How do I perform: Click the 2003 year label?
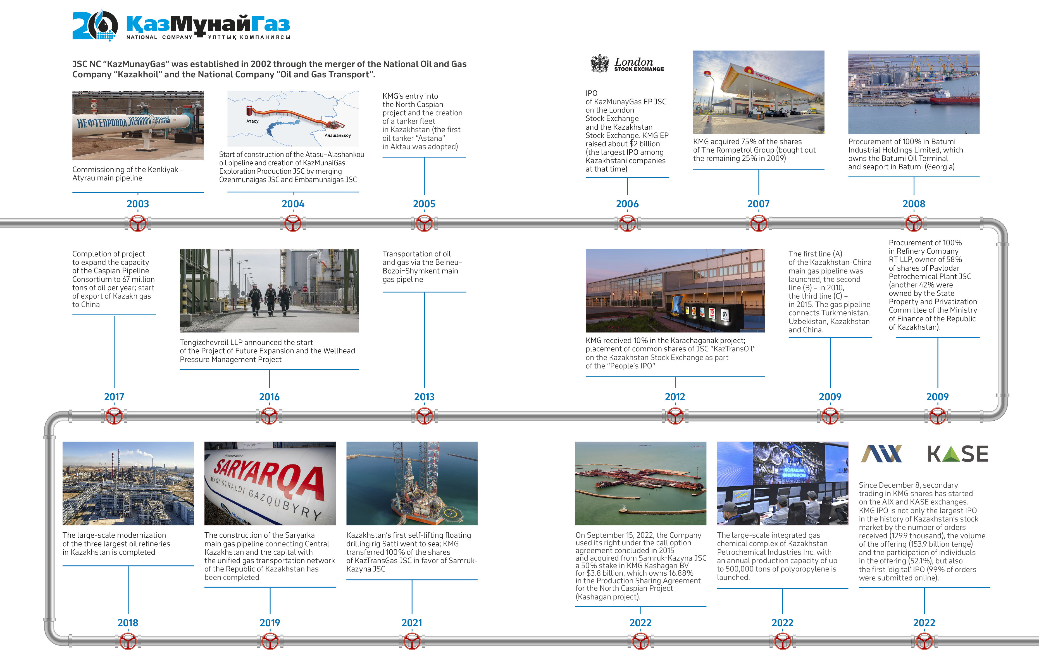click(138, 204)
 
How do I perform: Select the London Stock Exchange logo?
click(627, 64)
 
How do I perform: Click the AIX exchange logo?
click(881, 454)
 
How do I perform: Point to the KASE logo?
click(957, 454)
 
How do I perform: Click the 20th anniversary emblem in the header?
click(95, 25)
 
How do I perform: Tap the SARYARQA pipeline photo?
click(270, 483)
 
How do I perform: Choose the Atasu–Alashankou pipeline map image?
click(293, 119)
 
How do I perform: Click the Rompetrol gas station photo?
click(758, 92)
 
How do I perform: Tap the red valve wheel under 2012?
click(675, 416)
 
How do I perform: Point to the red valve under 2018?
click(128, 642)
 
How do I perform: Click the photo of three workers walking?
click(269, 290)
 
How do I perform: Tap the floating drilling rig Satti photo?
click(412, 483)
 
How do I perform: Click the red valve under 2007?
click(758, 223)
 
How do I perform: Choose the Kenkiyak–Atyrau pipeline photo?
click(138, 125)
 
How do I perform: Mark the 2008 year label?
click(913, 204)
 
